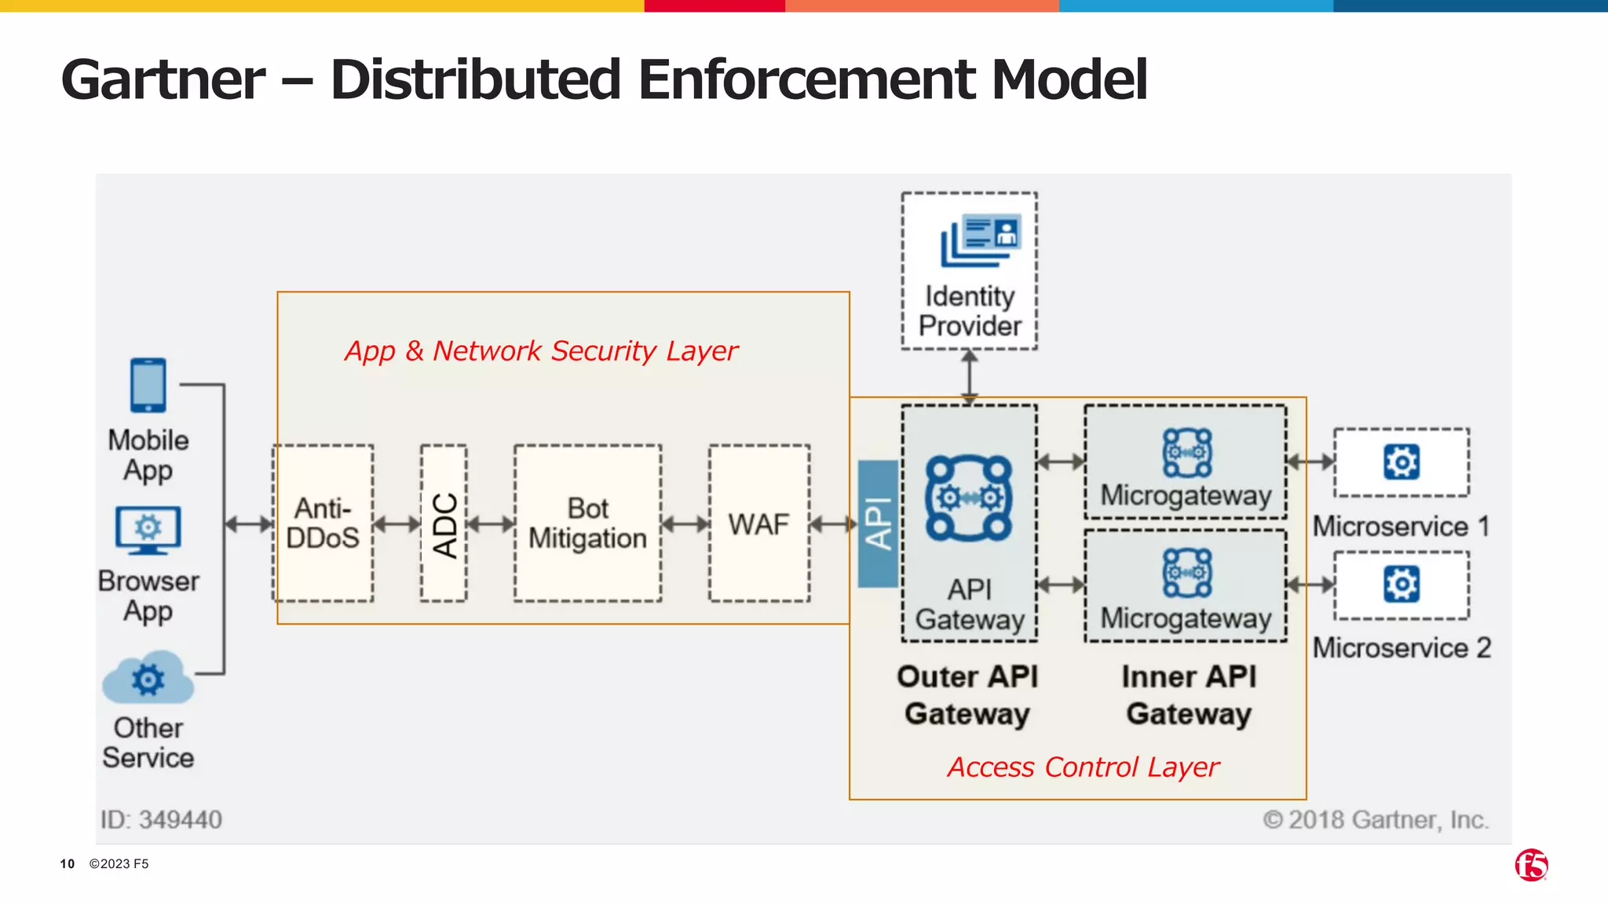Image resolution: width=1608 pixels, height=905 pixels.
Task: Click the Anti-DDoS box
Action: (323, 523)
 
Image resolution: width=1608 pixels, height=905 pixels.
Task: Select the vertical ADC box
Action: (444, 523)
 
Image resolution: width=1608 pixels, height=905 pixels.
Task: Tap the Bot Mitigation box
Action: (587, 523)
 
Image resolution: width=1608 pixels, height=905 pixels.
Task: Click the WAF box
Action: (758, 523)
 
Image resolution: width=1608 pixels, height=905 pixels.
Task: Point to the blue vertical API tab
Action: (878, 523)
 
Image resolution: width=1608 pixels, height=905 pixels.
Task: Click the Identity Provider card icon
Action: (981, 240)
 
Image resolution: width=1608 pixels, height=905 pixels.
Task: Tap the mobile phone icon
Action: (148, 385)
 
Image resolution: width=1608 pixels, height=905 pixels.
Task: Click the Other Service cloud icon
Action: (148, 678)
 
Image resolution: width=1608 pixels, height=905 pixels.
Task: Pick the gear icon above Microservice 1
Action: (1402, 462)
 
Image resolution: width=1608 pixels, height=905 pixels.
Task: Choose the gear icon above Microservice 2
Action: (1402, 584)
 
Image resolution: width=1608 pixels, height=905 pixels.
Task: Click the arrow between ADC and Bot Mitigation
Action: (491, 523)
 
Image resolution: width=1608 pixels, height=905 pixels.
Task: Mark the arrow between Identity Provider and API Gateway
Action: (970, 376)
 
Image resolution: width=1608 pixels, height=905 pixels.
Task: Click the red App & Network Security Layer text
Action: (541, 350)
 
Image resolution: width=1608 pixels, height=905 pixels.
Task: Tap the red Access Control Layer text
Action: (1084, 767)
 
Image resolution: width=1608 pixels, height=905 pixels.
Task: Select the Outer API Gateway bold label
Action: (967, 695)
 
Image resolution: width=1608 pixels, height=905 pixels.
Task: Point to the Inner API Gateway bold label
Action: (1189, 695)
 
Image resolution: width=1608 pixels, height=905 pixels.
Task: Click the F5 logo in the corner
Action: (1531, 865)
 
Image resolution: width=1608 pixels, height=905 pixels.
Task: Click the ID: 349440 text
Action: (161, 819)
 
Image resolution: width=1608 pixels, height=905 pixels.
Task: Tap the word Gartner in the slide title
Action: (163, 79)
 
